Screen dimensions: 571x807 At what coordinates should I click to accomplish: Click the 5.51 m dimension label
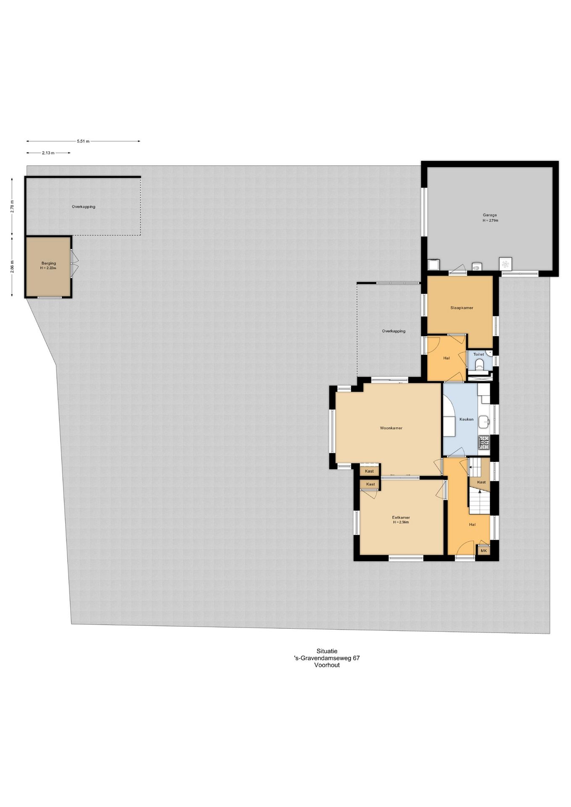click(x=83, y=141)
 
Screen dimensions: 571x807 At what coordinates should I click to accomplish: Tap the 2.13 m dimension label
click(x=48, y=153)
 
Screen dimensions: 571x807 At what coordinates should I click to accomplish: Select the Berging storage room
click(x=48, y=267)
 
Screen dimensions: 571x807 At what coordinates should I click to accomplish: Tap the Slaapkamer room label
click(x=461, y=308)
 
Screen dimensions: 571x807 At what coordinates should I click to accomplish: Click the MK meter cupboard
click(x=483, y=550)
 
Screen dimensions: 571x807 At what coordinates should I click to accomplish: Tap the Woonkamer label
click(x=391, y=428)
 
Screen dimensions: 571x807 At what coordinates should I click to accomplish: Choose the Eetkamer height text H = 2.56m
click(x=401, y=522)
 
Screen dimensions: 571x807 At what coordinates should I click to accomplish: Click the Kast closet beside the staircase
click(x=481, y=482)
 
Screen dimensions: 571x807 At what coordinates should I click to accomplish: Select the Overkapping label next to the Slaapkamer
click(x=394, y=331)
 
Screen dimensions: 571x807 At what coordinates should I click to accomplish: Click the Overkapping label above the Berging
click(x=83, y=206)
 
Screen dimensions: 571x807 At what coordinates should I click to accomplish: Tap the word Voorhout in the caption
click(x=327, y=665)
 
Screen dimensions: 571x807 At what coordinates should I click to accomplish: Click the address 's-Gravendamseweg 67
click(x=327, y=658)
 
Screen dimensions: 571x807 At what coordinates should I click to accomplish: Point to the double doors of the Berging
click(x=74, y=264)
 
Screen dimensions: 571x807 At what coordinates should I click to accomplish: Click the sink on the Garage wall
click(x=476, y=266)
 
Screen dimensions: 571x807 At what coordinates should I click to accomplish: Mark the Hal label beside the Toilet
click(x=447, y=358)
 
